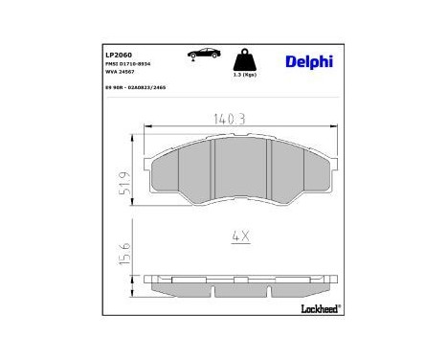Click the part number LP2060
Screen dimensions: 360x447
coord(118,56)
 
